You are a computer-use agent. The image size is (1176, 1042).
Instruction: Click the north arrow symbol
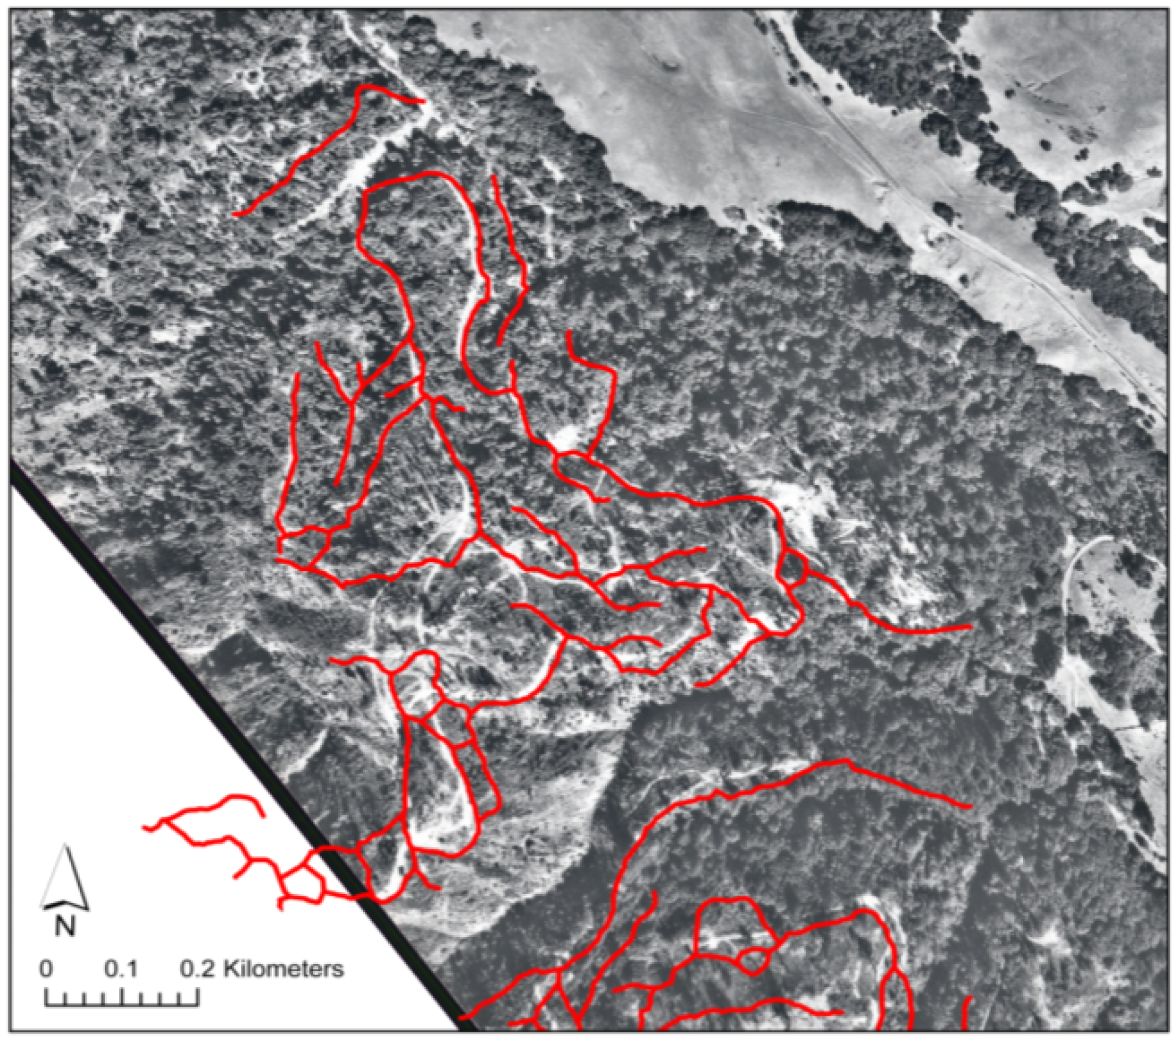tap(66, 878)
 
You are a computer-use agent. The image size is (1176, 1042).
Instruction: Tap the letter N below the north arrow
tap(66, 926)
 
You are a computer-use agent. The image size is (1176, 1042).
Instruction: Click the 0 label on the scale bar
tap(46, 969)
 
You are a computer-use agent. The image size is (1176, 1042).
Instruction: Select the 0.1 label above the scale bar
tap(121, 969)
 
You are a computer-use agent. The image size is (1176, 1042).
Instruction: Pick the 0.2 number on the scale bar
tap(198, 969)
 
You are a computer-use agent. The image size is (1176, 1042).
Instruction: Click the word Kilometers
tap(283, 969)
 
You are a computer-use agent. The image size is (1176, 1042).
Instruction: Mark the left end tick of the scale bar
tap(46, 998)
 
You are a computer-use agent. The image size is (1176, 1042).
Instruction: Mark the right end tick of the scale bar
tap(198, 998)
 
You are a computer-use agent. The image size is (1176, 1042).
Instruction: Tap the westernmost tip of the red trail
tap(144, 827)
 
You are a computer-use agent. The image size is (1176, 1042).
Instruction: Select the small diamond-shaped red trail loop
tap(794, 569)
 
